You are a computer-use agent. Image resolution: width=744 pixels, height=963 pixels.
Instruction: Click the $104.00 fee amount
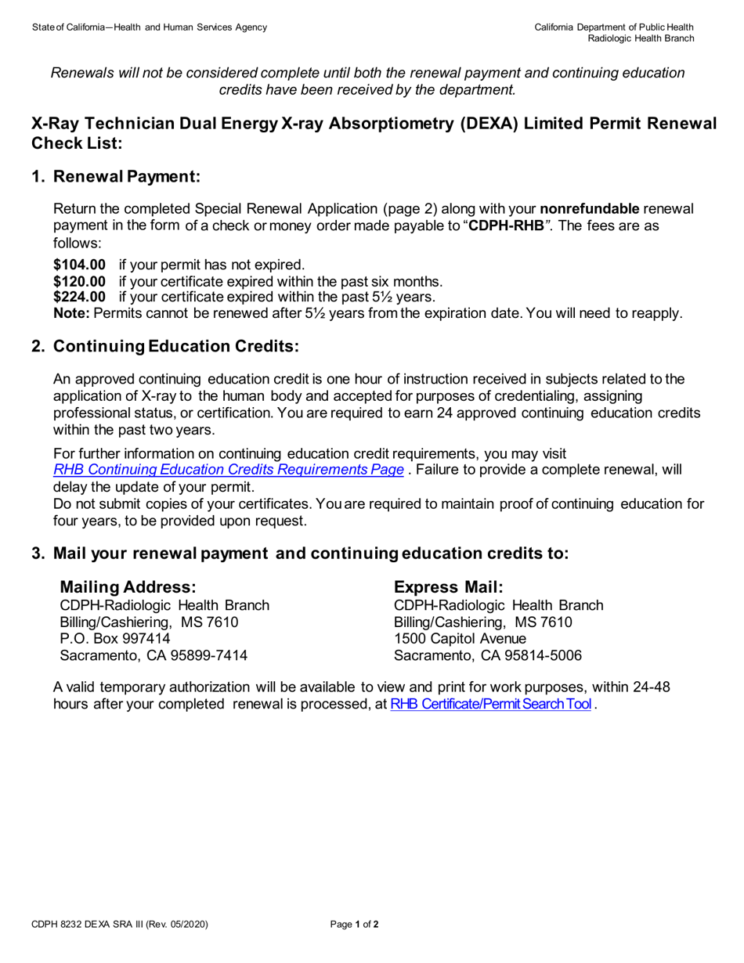[x=79, y=265]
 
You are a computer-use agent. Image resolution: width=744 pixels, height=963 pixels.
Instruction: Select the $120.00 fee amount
[x=79, y=281]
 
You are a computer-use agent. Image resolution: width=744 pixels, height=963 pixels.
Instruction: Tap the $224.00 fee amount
[x=79, y=297]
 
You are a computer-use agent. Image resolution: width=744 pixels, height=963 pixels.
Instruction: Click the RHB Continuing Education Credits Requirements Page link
[x=229, y=470]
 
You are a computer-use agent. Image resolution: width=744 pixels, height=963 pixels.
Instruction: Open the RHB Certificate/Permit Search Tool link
[x=490, y=704]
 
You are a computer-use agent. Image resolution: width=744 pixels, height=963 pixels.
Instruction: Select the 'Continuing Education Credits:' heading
[x=176, y=346]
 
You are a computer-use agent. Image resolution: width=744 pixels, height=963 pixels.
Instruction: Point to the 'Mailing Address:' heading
[x=128, y=586]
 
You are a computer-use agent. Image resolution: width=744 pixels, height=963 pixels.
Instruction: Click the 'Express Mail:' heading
[x=449, y=586]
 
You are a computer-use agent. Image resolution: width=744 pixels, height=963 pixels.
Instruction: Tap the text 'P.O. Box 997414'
[x=115, y=639]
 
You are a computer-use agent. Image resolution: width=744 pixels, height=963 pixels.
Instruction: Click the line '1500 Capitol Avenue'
[x=460, y=639]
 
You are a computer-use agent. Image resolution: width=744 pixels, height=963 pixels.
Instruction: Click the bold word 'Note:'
[x=71, y=313]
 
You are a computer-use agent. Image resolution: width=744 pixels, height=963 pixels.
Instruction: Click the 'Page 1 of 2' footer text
[x=355, y=925]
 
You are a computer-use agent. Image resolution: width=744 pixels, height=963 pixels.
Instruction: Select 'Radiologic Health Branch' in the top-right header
[x=641, y=38]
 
